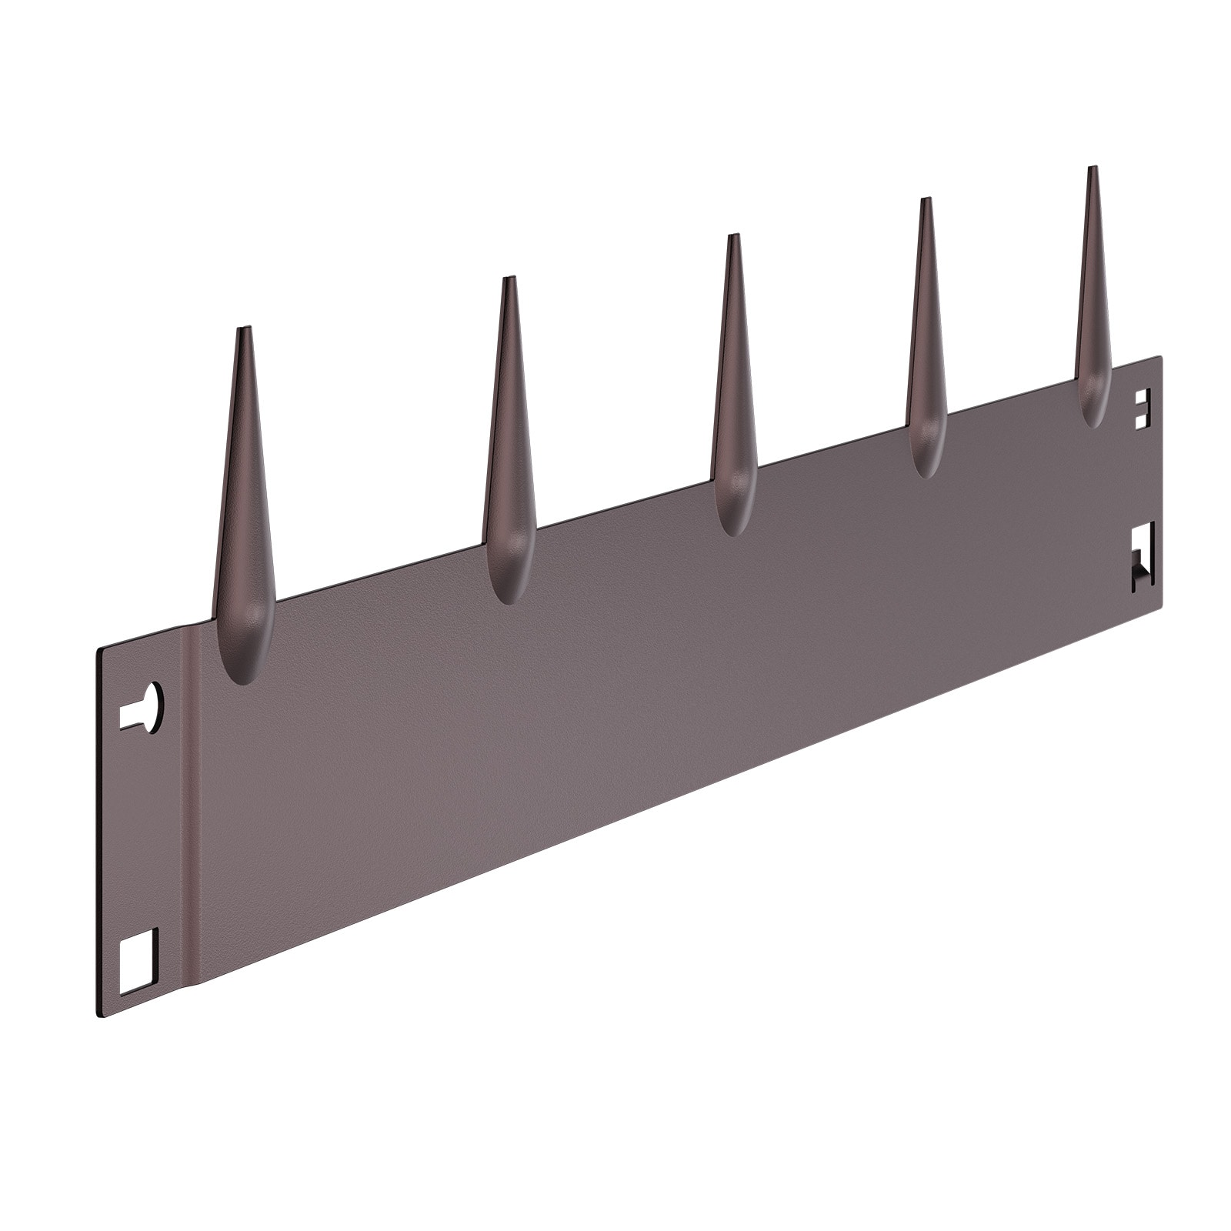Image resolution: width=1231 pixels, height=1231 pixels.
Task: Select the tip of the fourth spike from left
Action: coord(926,200)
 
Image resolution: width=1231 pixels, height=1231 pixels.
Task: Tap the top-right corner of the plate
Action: coord(1160,357)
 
